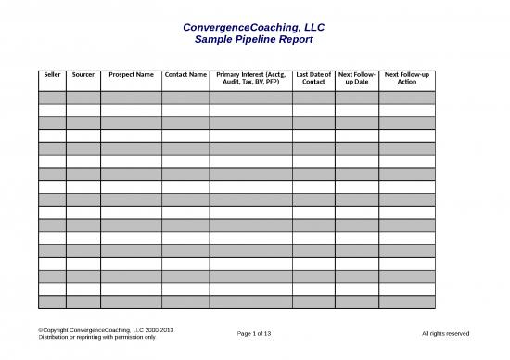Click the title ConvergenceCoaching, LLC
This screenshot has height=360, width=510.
tap(253, 27)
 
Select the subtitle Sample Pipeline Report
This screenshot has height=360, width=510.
tap(253, 41)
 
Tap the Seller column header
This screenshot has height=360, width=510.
tap(52, 74)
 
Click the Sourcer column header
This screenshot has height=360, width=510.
tap(83, 74)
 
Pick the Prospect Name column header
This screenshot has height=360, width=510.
tap(131, 74)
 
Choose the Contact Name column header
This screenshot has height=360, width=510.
tap(185, 74)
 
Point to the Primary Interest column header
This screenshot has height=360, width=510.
tap(250, 78)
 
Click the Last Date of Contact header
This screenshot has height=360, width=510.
tap(313, 78)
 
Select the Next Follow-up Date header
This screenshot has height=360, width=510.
tap(356, 78)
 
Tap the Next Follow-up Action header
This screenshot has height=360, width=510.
tap(406, 78)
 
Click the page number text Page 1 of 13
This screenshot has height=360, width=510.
tap(254, 333)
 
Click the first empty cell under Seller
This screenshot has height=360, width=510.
tap(52, 97)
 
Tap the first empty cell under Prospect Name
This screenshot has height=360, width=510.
tap(131, 97)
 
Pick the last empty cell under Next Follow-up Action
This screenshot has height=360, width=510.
tap(406, 301)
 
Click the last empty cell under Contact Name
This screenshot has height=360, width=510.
tap(185, 301)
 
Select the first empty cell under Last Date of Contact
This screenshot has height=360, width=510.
tap(313, 97)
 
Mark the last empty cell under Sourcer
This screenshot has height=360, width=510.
tap(83, 301)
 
